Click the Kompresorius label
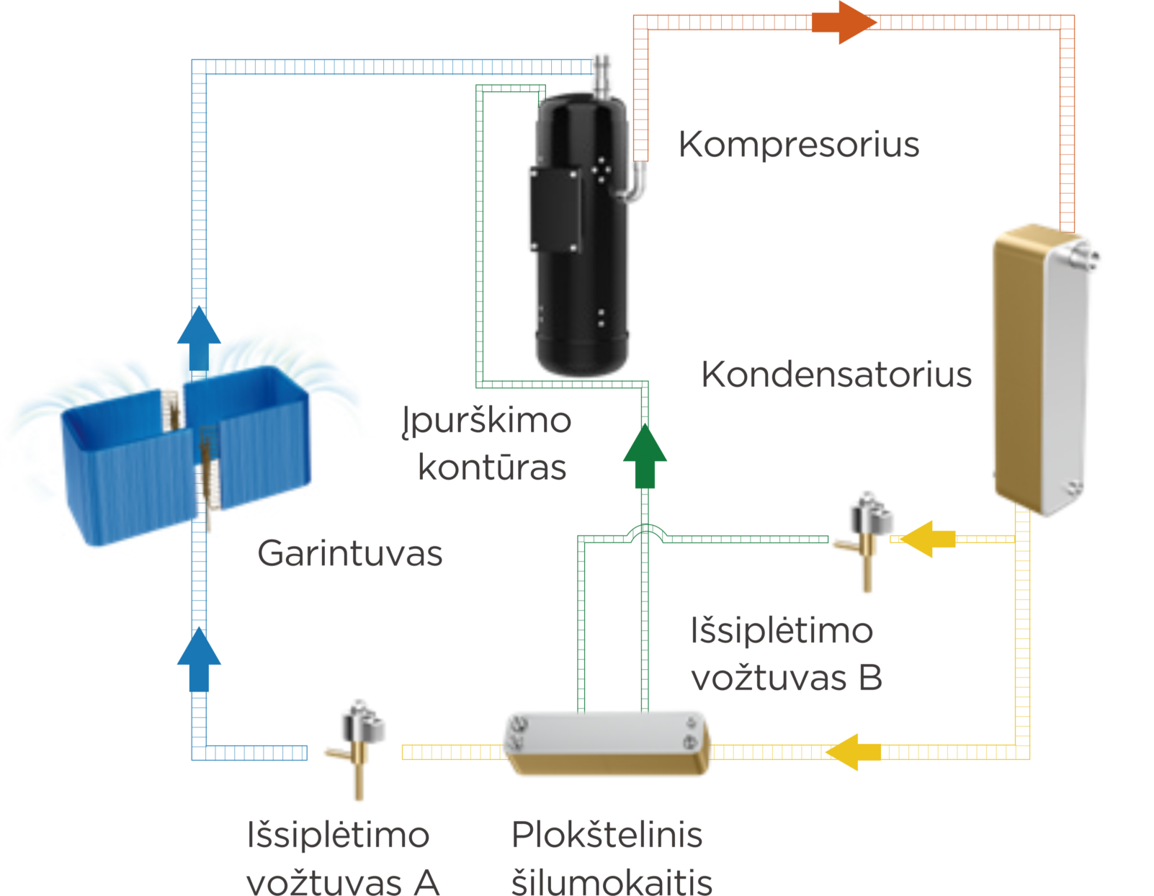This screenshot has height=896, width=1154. (x=798, y=145)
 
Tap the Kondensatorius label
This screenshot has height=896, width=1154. (x=836, y=375)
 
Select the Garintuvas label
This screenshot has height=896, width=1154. (x=350, y=554)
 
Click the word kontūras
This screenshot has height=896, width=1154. (x=493, y=468)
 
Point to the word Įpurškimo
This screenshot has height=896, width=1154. (x=488, y=421)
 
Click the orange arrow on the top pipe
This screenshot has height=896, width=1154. (x=843, y=23)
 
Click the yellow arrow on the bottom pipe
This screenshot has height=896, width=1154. (x=854, y=752)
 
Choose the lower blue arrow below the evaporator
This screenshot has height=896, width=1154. (x=199, y=658)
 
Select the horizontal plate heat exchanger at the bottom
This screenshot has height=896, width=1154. (x=607, y=743)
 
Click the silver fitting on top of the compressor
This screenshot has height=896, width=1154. (x=601, y=73)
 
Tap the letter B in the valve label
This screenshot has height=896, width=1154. (x=870, y=678)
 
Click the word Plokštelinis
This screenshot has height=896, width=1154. (x=607, y=836)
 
